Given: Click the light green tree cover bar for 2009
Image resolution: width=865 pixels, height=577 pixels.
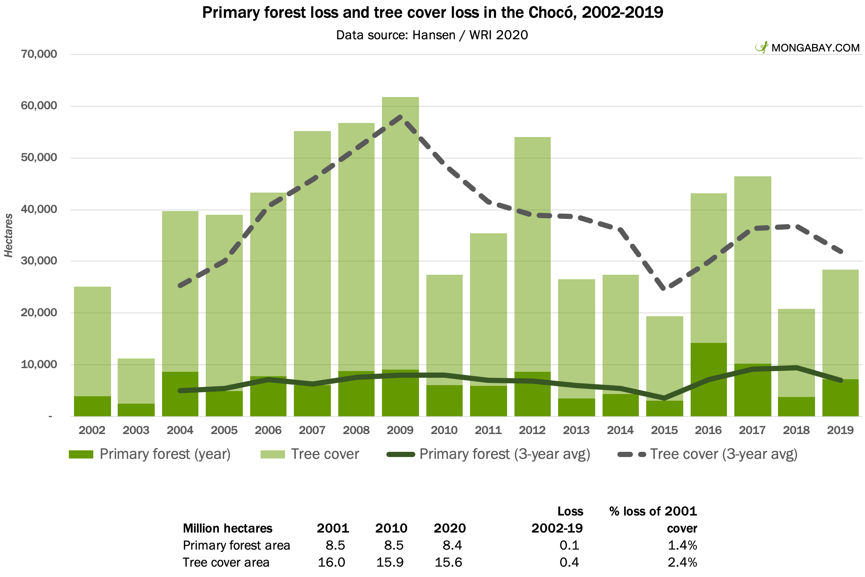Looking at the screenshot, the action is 400,233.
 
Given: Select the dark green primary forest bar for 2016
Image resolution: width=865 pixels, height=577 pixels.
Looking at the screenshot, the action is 708,380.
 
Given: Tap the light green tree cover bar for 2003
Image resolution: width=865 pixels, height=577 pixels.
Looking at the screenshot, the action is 136,381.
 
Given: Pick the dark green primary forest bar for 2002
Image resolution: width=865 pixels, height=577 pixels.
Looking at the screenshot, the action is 93,406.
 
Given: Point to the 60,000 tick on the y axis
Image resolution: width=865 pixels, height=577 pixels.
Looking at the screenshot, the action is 39,106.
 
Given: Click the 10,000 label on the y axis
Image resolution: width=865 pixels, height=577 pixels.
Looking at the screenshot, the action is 39,364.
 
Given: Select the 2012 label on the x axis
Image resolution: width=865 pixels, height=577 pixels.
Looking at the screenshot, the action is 532,430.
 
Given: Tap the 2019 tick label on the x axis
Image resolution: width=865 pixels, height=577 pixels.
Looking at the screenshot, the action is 840,430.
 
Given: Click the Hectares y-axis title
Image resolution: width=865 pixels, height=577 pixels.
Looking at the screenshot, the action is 9,236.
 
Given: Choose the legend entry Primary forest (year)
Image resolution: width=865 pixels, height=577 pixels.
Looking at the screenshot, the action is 150,454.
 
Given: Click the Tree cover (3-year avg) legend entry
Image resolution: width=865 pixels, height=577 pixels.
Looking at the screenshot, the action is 707,454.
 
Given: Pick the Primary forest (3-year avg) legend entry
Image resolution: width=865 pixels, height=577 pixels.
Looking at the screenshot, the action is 488,454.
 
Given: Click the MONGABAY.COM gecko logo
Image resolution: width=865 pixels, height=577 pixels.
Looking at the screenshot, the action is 762,47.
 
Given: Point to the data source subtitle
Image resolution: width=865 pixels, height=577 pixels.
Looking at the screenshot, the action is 432,35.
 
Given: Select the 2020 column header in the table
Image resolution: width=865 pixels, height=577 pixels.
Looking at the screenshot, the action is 450,528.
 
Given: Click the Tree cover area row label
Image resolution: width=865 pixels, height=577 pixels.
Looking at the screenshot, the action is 226,562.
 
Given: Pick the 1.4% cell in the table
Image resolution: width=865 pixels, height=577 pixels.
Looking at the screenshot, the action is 682,545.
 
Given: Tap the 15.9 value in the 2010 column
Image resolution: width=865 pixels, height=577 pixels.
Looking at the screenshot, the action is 390,562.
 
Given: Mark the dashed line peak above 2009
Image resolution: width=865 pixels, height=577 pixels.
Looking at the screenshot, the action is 400,117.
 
